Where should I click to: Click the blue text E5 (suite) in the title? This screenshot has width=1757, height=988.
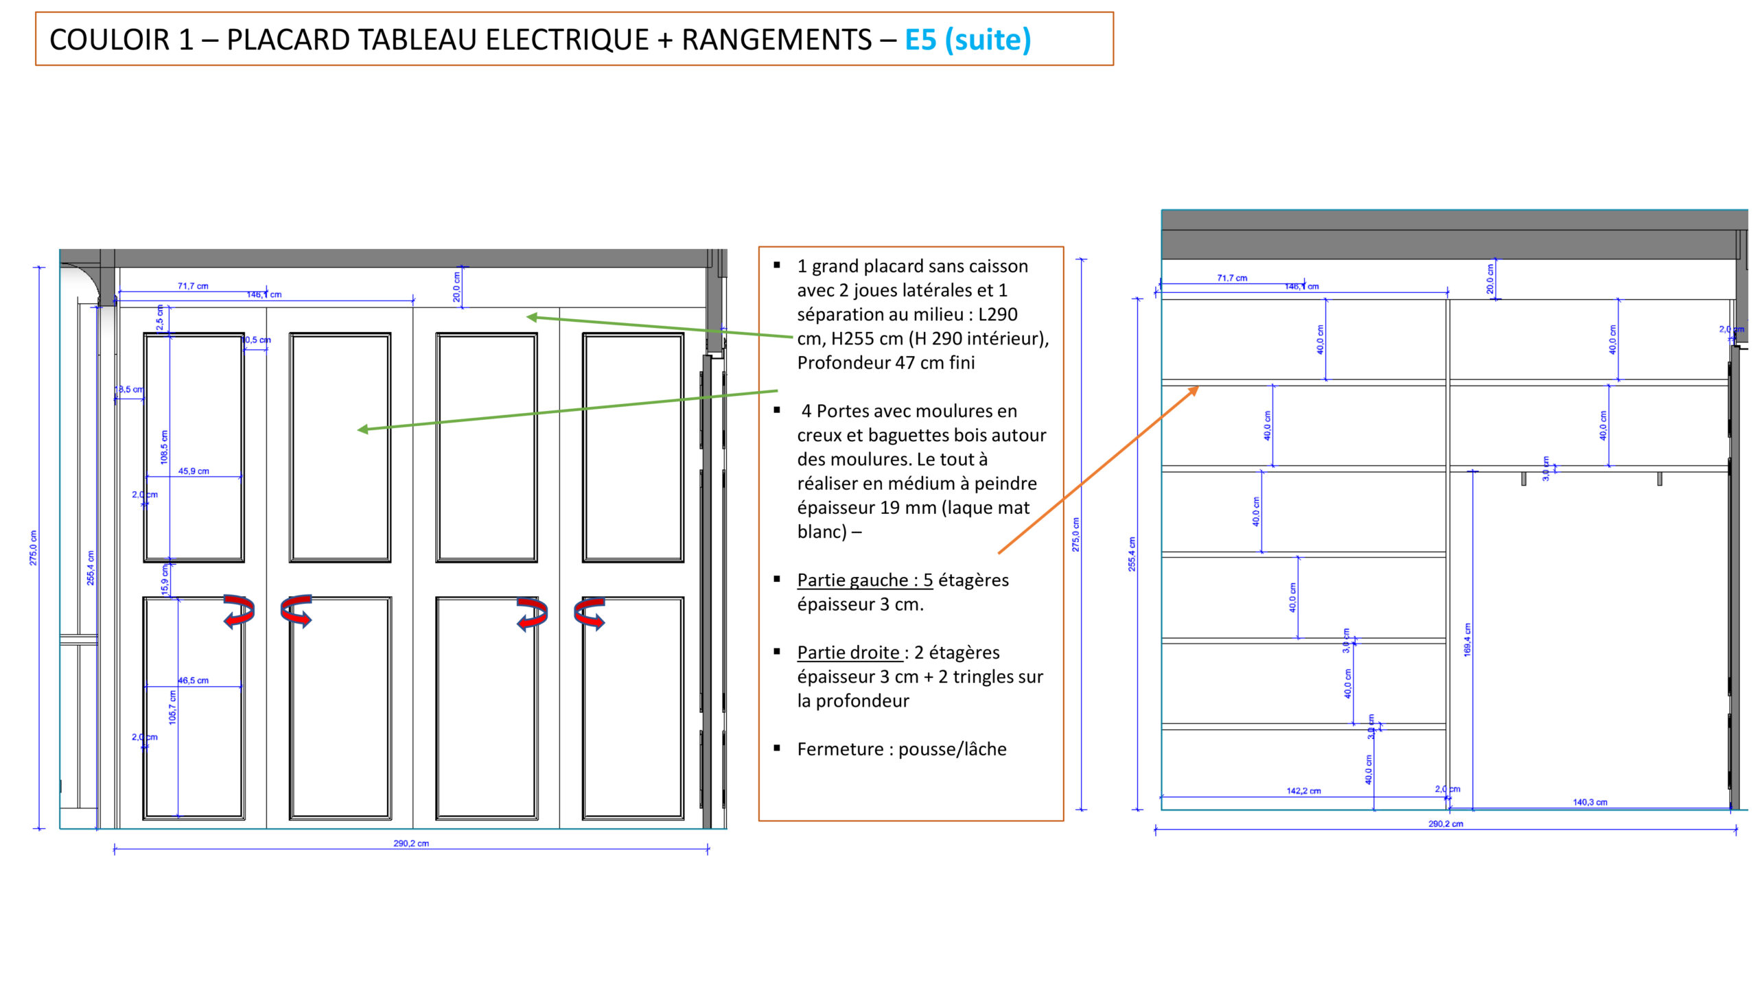click(968, 40)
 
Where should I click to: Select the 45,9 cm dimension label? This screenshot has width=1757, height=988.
click(194, 471)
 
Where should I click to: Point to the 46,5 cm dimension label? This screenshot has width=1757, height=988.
click(194, 681)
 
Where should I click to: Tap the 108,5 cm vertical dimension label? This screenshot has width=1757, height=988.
click(164, 447)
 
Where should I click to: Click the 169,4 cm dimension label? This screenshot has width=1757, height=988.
click(1467, 639)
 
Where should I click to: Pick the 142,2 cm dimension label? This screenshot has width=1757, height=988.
click(1303, 791)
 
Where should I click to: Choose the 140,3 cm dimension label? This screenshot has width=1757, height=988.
click(1590, 802)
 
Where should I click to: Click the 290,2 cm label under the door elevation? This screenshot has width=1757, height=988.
click(411, 843)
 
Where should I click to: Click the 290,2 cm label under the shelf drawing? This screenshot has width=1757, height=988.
click(1445, 824)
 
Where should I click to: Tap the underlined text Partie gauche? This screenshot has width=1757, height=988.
click(864, 580)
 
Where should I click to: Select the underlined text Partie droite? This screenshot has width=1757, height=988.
click(848, 652)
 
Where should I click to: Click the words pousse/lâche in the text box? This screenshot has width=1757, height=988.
click(952, 749)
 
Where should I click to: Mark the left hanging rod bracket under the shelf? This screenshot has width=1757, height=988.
click(1524, 478)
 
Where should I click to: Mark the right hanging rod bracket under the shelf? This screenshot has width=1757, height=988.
click(1660, 478)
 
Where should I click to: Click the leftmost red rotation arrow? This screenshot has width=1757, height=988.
click(239, 611)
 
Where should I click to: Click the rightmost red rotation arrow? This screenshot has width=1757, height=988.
click(590, 612)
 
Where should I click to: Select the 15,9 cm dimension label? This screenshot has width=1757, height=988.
click(165, 580)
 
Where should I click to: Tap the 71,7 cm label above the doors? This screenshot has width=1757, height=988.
click(193, 286)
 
